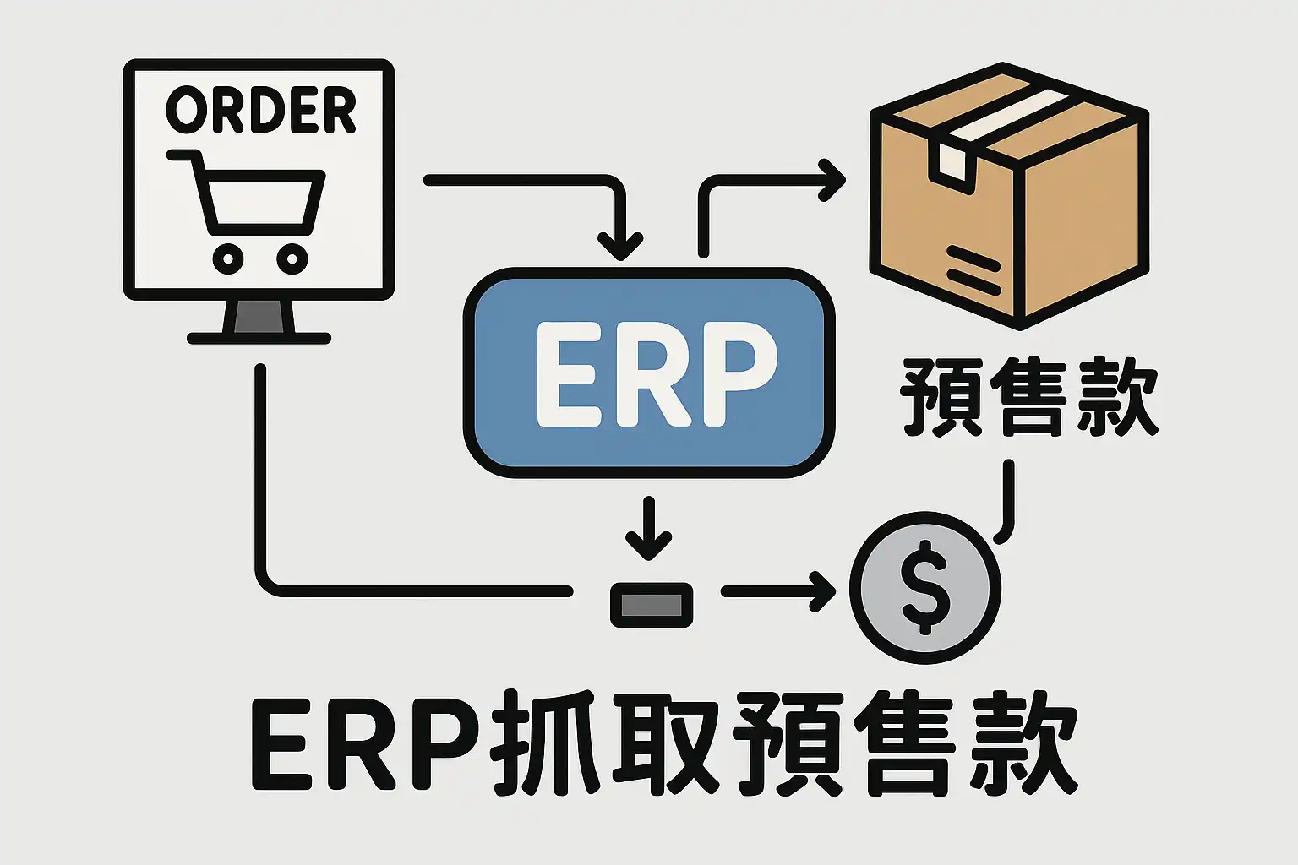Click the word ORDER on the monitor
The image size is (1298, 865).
pyautogui.click(x=261, y=111)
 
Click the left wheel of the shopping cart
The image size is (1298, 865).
pyautogui.click(x=228, y=258)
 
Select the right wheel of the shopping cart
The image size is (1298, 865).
pyautogui.click(x=292, y=258)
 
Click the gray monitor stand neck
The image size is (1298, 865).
pyautogui.click(x=259, y=317)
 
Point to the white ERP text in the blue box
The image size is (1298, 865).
pyautogui.click(x=655, y=373)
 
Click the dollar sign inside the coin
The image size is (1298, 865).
pyautogui.click(x=925, y=588)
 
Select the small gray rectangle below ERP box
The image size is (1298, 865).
pyautogui.click(x=652, y=605)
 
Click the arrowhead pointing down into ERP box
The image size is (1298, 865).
pyautogui.click(x=621, y=247)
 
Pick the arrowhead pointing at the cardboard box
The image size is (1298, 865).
pyautogui.click(x=833, y=179)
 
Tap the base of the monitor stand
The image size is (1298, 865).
pyautogui.click(x=259, y=338)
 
